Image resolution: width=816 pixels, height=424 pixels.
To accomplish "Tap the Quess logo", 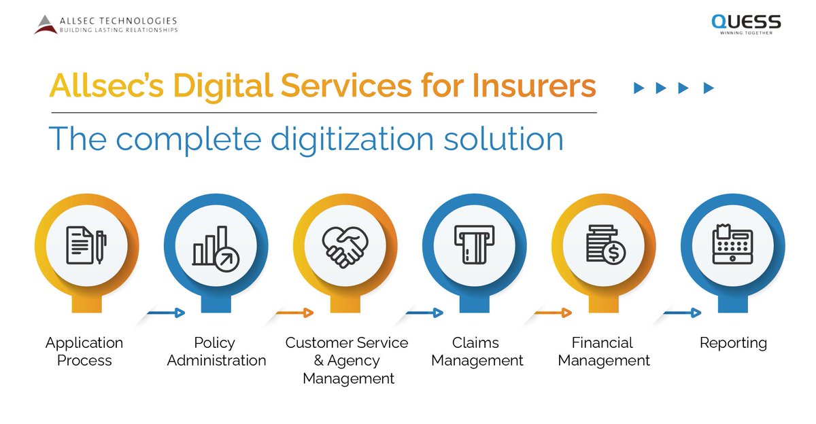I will pos(746,22).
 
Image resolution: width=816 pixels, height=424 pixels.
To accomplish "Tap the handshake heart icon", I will pos(345,245).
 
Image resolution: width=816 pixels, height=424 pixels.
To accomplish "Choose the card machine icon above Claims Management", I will pos(474,244).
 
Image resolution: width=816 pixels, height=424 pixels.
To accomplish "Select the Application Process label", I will pos(84,351).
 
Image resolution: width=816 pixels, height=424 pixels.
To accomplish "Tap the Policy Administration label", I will pos(216,351).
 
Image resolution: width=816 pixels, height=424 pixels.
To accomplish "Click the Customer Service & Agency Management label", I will pos(347,360).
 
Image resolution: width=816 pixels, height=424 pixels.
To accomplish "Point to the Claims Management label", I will pos(477,351).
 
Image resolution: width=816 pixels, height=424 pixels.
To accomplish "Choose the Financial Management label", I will pos(603,351).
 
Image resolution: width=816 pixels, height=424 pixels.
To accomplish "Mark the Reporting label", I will pos(733,343).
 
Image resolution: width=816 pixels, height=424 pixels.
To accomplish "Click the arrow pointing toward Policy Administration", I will pos(165,313).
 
